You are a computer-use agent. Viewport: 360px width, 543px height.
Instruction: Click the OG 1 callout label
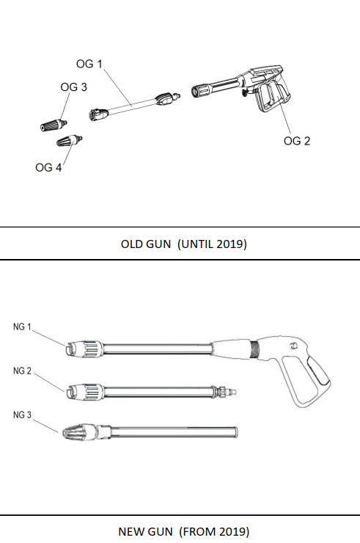pyautogui.click(x=89, y=64)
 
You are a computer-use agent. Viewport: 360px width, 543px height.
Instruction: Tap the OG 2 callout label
pyautogui.click(x=297, y=142)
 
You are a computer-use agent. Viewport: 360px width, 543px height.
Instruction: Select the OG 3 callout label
pyautogui.click(x=74, y=87)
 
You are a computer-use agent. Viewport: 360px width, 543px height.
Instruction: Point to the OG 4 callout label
pyautogui.click(x=48, y=167)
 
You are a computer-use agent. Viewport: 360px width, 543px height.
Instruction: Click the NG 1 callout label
pyautogui.click(x=22, y=327)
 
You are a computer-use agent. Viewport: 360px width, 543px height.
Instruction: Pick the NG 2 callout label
pyautogui.click(x=22, y=371)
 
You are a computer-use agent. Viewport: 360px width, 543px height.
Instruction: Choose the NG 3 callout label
pyautogui.click(x=22, y=415)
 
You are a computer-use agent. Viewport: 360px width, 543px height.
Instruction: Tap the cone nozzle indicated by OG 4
pyautogui.click(x=69, y=141)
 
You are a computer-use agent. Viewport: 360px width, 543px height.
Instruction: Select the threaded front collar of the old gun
pyautogui.click(x=200, y=90)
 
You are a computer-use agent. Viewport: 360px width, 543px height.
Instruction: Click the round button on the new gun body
pyautogui.click(x=294, y=346)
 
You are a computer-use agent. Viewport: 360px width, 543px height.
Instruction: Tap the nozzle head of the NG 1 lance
pyautogui.click(x=84, y=349)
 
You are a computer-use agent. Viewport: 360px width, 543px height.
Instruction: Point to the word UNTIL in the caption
pyautogui.click(x=197, y=244)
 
